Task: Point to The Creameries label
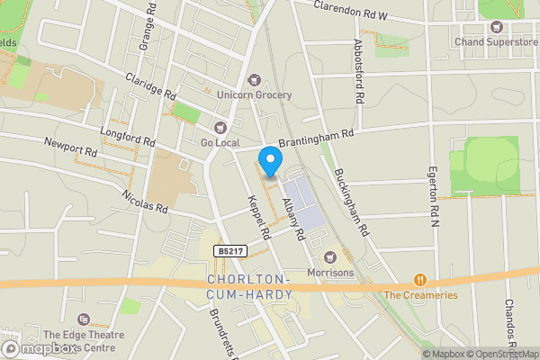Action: click(x=420, y=295)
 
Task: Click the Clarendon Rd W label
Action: click(x=364, y=11)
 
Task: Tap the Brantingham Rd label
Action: click(x=317, y=137)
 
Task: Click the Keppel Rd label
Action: click(x=259, y=217)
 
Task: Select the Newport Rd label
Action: click(x=70, y=146)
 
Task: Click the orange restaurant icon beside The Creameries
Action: click(x=418, y=280)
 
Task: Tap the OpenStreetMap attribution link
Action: click(x=500, y=354)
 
